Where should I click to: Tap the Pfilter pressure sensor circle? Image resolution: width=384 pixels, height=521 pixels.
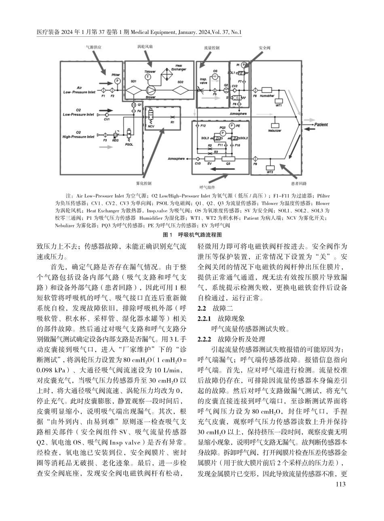[x=117, y=81]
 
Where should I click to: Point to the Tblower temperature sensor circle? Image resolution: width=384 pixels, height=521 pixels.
[x=148, y=76]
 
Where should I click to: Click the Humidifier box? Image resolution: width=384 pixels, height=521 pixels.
[x=267, y=90]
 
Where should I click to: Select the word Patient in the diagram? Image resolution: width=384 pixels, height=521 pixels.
[x=321, y=125]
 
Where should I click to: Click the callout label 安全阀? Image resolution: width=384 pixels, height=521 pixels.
[x=265, y=47]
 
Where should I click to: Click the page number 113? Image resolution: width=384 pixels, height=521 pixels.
[x=341, y=484]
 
